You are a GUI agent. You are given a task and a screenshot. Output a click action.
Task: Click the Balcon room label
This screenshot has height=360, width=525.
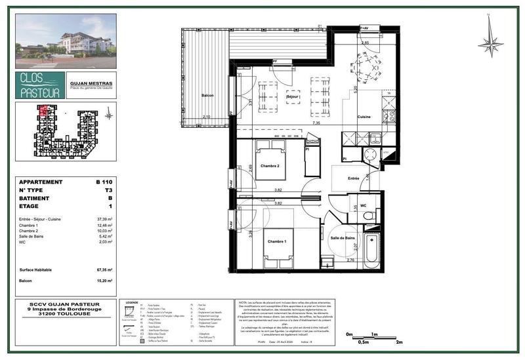[208, 96]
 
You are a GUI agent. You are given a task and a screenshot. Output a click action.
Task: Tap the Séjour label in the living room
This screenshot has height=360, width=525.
[293, 97]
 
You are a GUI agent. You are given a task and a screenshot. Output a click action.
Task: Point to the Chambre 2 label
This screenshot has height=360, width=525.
[269, 166]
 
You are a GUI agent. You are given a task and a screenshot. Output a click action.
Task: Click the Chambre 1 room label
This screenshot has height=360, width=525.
[277, 241]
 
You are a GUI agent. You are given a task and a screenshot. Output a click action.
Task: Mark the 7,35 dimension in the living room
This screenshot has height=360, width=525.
[316, 123]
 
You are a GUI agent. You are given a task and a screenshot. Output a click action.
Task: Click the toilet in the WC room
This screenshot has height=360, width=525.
[367, 214]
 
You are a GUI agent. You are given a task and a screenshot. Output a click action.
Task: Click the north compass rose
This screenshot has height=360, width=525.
[490, 44]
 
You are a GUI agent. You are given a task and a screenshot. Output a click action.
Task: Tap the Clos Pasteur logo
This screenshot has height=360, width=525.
[40, 85]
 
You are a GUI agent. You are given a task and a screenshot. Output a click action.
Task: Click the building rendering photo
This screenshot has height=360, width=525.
[66, 41]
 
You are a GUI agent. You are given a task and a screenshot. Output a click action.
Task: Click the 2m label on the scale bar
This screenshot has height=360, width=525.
[398, 342]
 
